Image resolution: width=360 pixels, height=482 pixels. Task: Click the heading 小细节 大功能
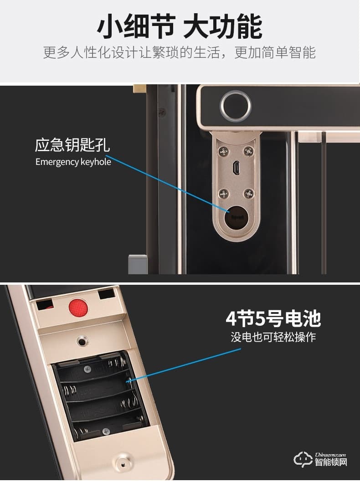click(180, 26)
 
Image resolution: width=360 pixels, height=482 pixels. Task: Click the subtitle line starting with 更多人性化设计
click(180, 52)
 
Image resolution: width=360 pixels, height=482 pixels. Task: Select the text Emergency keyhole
click(73, 162)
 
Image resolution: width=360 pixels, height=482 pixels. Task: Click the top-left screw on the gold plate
click(223, 151)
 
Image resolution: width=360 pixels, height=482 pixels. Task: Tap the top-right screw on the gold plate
click(248, 151)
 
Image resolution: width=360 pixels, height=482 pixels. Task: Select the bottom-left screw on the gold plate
click(223, 193)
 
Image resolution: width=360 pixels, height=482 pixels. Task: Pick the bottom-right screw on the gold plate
click(248, 193)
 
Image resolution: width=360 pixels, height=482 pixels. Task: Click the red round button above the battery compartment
click(78, 308)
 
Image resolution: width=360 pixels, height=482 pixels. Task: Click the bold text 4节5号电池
click(273, 319)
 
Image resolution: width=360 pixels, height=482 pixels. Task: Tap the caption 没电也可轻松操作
click(273, 338)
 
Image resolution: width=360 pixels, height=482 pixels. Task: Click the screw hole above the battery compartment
click(82, 340)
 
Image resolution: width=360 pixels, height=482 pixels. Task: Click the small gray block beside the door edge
click(138, 264)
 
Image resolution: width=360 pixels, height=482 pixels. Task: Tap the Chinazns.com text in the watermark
click(331, 454)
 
